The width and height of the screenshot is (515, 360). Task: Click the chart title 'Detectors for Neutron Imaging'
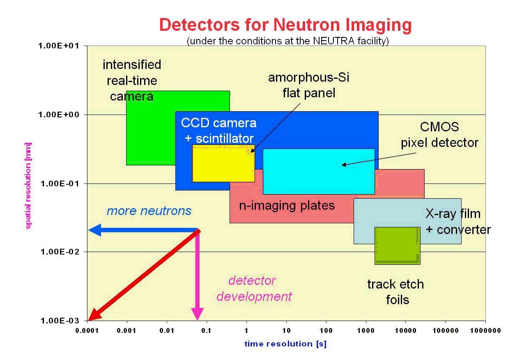(x=285, y=25)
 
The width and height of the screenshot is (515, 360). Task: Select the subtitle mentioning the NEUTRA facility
(x=287, y=42)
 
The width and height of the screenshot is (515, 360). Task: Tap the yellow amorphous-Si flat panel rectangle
(x=223, y=163)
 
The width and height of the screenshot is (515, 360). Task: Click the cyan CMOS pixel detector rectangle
(x=318, y=172)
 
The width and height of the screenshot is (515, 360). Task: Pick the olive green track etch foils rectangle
(x=397, y=245)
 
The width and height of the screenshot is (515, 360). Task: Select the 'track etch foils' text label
(x=395, y=291)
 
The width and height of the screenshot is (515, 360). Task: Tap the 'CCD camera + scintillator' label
(x=218, y=131)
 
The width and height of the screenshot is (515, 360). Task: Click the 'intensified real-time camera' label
(x=131, y=80)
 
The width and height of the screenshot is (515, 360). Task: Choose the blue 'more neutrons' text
(x=149, y=211)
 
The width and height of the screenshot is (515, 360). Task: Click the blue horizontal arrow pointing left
(x=140, y=231)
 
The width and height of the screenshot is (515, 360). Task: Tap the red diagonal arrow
(x=144, y=275)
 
